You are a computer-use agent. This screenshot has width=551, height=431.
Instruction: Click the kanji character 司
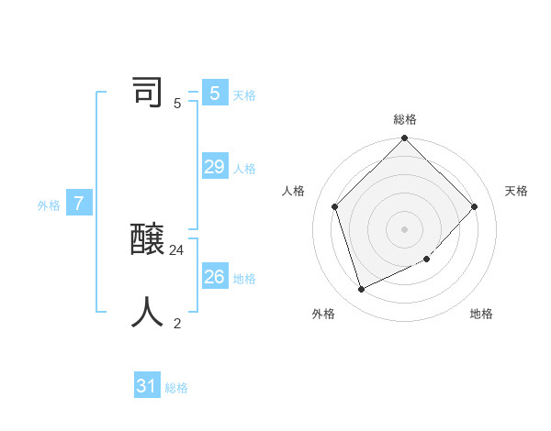tap(148, 93)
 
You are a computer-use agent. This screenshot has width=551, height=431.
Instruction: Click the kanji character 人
tap(148, 312)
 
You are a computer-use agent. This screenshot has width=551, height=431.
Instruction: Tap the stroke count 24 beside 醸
tap(177, 249)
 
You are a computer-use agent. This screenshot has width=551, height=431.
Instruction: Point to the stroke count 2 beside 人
tap(177, 322)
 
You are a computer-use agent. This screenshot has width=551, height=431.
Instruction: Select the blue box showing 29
tap(215, 166)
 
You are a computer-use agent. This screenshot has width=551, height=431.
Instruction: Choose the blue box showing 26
tap(215, 276)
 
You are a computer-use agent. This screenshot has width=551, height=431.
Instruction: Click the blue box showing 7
tap(80, 204)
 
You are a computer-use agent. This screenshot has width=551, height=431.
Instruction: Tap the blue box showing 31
tap(147, 386)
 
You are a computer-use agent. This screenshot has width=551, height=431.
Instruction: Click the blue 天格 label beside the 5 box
tap(244, 95)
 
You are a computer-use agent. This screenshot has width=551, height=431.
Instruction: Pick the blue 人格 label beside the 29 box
tap(244, 169)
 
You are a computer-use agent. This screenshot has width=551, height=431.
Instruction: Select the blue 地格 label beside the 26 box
tap(244, 279)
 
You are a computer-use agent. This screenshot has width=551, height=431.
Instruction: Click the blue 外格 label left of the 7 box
tap(49, 206)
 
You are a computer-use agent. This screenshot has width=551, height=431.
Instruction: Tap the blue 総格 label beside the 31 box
tap(176, 389)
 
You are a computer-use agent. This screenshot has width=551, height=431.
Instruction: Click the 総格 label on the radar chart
tap(405, 119)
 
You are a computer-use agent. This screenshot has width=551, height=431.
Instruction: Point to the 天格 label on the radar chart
tap(516, 191)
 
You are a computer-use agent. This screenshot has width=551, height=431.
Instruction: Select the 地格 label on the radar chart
tap(481, 314)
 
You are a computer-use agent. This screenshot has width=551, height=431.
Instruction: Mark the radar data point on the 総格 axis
tap(405, 139)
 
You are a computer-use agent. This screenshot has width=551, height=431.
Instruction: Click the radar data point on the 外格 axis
tap(362, 289)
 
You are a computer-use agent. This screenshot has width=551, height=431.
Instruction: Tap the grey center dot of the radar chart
tap(405, 229)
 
